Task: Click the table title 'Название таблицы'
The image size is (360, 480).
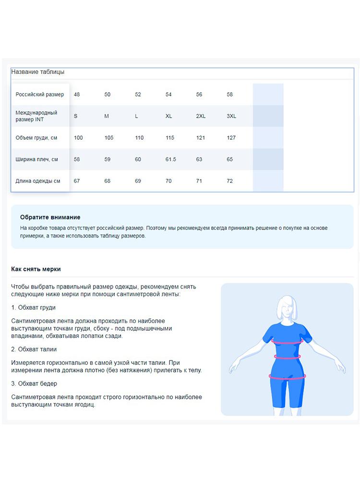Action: pos(37,72)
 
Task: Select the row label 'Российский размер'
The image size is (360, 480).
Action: pos(39,95)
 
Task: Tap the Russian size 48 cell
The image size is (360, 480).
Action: pos(77,95)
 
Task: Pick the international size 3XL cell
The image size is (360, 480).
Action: pos(231,116)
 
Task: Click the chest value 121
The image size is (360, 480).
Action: pos(201,138)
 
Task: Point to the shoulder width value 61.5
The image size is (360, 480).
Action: pos(171,159)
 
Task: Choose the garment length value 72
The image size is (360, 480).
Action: pos(229,181)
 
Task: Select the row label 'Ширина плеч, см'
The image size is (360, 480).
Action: pos(36,159)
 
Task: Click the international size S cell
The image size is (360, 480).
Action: pos(76,116)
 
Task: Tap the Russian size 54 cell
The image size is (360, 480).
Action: pos(168,95)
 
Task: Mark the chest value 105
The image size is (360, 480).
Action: pos(109,138)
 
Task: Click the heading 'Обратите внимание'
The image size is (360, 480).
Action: pos(50,217)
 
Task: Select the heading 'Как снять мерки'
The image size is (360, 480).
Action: pos(36,269)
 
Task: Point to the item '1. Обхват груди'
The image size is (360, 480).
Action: pos(33,308)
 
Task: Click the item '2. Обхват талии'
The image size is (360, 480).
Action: pos(34,349)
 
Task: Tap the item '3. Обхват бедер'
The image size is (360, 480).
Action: pos(34,384)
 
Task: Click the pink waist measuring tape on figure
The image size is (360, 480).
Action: pos(287,357)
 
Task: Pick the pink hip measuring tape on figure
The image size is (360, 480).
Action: pos(287,377)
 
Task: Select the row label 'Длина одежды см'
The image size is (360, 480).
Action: pos(38,181)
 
